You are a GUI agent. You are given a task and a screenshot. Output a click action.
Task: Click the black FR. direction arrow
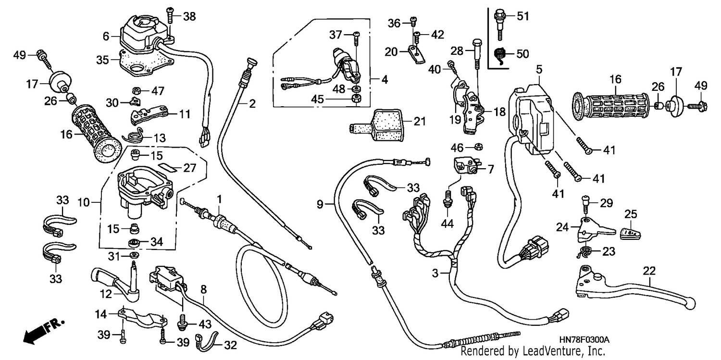43,332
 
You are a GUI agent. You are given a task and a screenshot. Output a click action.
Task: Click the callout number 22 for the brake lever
649,271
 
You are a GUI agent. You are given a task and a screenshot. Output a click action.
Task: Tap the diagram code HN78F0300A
584,340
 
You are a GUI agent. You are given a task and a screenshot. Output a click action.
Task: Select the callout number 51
523,16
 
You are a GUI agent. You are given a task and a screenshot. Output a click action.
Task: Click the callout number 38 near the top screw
189,16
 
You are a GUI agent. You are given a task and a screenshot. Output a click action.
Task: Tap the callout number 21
420,121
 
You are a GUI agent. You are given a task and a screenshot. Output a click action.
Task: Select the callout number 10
83,202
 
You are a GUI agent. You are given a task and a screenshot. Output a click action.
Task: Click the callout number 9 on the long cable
320,204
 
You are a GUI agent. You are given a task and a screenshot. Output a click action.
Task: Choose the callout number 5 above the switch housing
539,69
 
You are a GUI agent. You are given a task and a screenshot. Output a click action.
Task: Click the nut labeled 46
478,147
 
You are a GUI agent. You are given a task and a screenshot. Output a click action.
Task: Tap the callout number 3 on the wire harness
435,273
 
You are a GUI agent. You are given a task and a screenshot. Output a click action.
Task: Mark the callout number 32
230,345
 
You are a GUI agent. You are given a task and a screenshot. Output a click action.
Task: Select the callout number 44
447,223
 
